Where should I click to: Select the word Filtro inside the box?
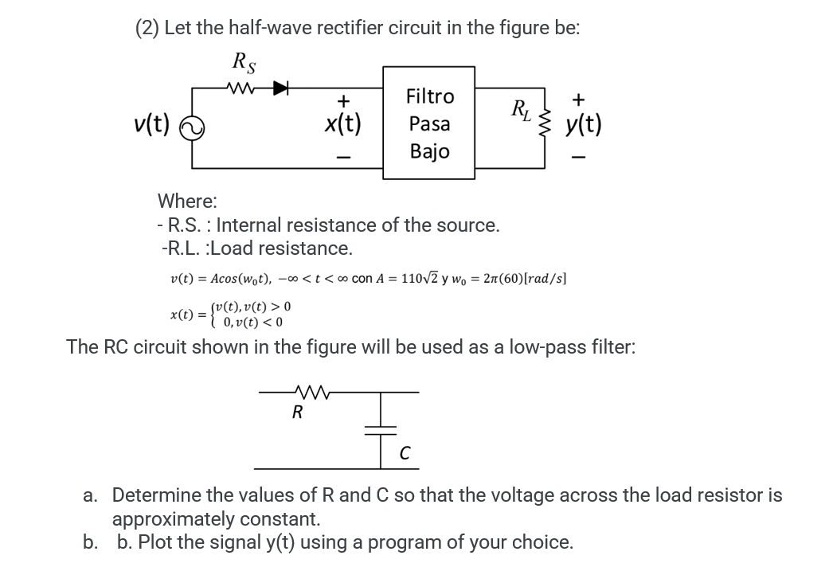(x=429, y=97)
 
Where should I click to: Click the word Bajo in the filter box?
(x=429, y=151)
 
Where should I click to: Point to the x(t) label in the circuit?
(x=342, y=123)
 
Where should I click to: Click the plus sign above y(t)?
(x=579, y=100)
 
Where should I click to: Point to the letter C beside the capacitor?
(x=405, y=454)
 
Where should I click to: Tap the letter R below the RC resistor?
(x=297, y=412)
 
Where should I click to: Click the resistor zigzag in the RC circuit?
(x=305, y=392)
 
